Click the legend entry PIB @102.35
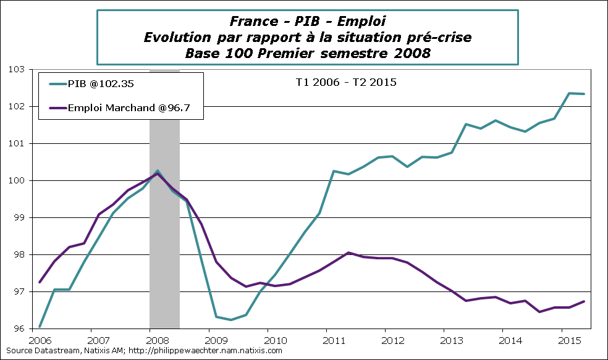point(96,86)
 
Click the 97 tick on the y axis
point(28,292)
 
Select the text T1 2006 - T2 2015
point(344,82)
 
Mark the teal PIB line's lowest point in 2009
point(231,320)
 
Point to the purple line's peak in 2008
point(158,174)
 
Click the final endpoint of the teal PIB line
point(584,94)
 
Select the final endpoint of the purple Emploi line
point(584,301)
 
